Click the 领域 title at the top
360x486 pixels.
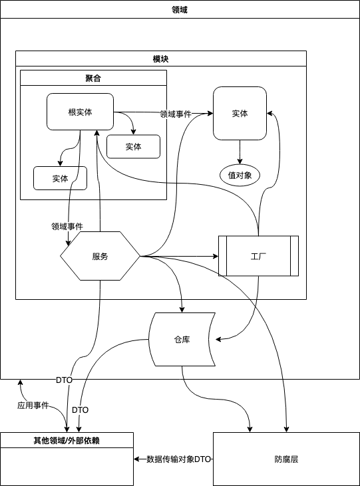coord(180,9)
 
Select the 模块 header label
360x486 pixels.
coord(161,59)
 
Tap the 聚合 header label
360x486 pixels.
coord(93,78)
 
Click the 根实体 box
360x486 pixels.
coord(80,112)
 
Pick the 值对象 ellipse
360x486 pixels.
coord(240,175)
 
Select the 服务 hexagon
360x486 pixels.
coord(100,257)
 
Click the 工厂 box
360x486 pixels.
coord(258,256)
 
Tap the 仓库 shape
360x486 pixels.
coord(182,339)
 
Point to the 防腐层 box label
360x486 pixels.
coord(286,459)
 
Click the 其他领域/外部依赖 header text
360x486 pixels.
coord(67,440)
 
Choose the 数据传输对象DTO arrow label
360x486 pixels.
coord(179,459)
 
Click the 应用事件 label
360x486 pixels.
coord(33,406)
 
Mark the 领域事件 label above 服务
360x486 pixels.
coord(67,227)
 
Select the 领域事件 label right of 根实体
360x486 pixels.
coord(176,114)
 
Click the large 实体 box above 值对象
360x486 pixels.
coord(240,114)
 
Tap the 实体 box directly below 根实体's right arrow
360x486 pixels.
coord(134,147)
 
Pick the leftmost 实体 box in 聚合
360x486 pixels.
coord(60,178)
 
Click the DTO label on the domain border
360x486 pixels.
coord(64,380)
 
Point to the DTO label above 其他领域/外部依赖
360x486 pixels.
coord(80,410)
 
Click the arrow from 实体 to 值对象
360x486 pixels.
coord(240,152)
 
